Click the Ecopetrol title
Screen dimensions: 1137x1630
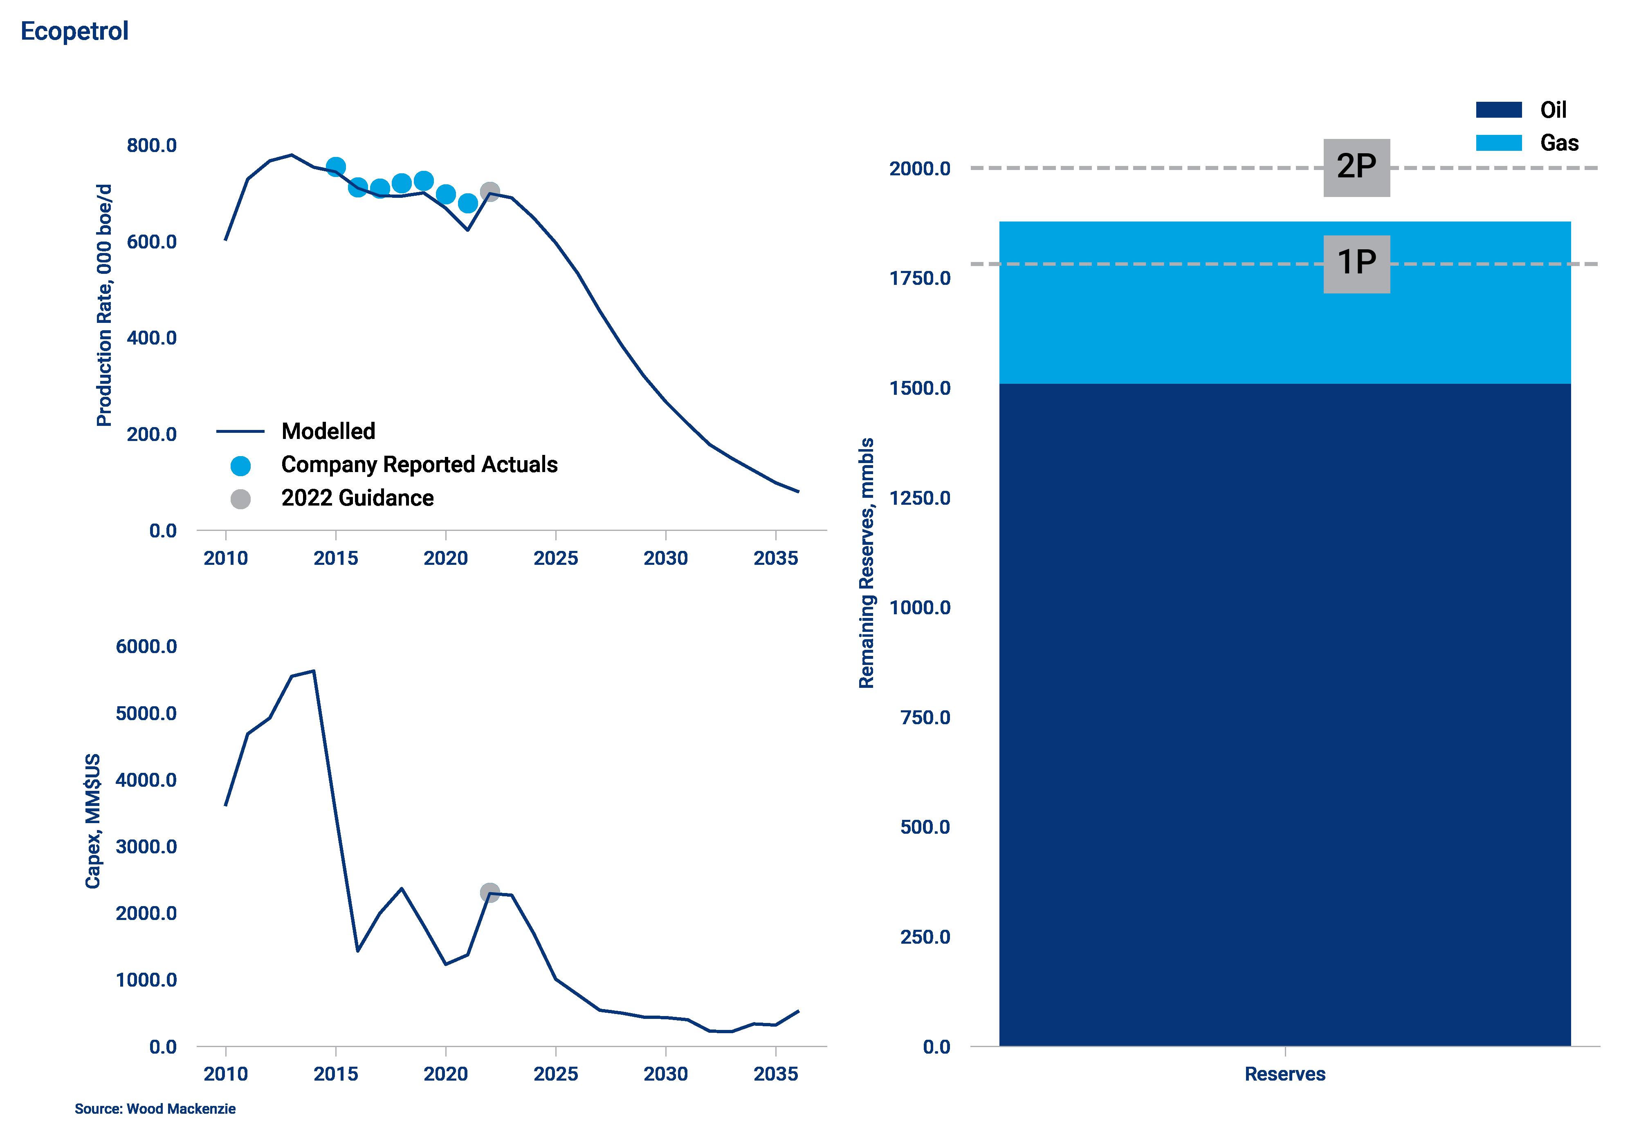tap(74, 31)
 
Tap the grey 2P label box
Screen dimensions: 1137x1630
tap(1356, 168)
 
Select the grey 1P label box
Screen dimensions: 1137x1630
tap(1356, 263)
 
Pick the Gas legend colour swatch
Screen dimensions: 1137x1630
tap(1499, 143)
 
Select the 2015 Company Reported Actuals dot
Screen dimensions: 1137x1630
tap(336, 167)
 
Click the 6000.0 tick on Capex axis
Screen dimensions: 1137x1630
tap(146, 647)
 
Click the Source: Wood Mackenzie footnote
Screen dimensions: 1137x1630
tap(155, 1109)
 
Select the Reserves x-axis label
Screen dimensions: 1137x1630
tap(1284, 1074)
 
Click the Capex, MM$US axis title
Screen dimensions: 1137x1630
tap(93, 820)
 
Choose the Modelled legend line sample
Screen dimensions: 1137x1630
tap(240, 431)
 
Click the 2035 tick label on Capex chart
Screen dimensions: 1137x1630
tap(775, 1074)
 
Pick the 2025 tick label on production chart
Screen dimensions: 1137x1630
tap(555, 559)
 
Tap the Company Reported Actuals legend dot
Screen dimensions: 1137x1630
tap(241, 466)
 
